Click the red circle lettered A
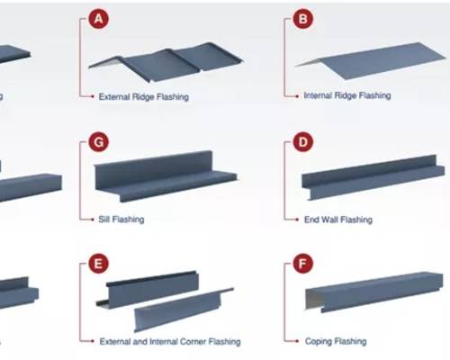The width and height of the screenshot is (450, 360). pyautogui.click(x=98, y=19)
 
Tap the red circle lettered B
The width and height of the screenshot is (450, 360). pyautogui.click(x=303, y=19)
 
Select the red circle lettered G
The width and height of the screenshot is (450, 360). pyautogui.click(x=98, y=142)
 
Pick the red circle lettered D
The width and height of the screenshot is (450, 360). pyautogui.click(x=303, y=142)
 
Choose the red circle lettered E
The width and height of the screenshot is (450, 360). pyautogui.click(x=98, y=264)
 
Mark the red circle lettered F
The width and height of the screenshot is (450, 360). pyautogui.click(x=303, y=264)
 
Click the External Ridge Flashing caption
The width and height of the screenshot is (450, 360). pyautogui.click(x=144, y=97)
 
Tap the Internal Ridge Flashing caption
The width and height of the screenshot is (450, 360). pyautogui.click(x=347, y=95)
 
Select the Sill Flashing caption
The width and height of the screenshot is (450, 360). pyautogui.click(x=121, y=220)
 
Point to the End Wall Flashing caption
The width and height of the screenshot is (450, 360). pyautogui.click(x=338, y=220)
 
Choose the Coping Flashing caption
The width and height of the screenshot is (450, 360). pyautogui.click(x=336, y=341)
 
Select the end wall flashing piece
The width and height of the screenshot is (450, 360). pyautogui.click(x=373, y=177)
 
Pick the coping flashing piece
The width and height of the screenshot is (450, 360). pyautogui.click(x=374, y=292)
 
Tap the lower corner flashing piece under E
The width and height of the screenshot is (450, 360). pyautogui.click(x=182, y=310)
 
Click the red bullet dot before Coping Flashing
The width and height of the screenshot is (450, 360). pyautogui.click(x=297, y=341)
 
